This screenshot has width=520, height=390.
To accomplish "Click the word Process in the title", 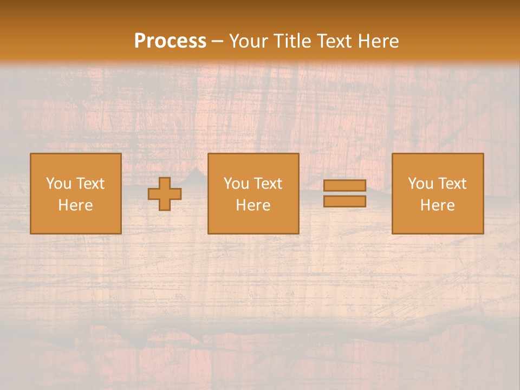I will tap(170, 41).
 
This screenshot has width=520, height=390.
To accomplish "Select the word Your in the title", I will tap(246, 41).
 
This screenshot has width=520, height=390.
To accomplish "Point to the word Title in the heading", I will tap(290, 41).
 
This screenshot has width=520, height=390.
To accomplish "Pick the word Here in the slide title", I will tap(379, 41).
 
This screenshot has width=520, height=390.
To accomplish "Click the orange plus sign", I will tap(165, 194).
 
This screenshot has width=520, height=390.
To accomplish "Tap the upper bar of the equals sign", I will tap(344, 186).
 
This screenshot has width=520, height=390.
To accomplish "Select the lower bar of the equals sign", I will tap(344, 201).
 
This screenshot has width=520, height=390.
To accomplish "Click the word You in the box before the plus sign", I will tap(58, 184).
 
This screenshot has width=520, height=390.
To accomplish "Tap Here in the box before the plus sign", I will tap(75, 205).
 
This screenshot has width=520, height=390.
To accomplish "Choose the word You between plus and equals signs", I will tap(236, 184).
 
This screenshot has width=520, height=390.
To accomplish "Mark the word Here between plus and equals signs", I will tap(253, 205).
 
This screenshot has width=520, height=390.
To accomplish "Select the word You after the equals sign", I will tap(420, 184).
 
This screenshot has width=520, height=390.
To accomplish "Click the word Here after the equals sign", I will tap(437, 205).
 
